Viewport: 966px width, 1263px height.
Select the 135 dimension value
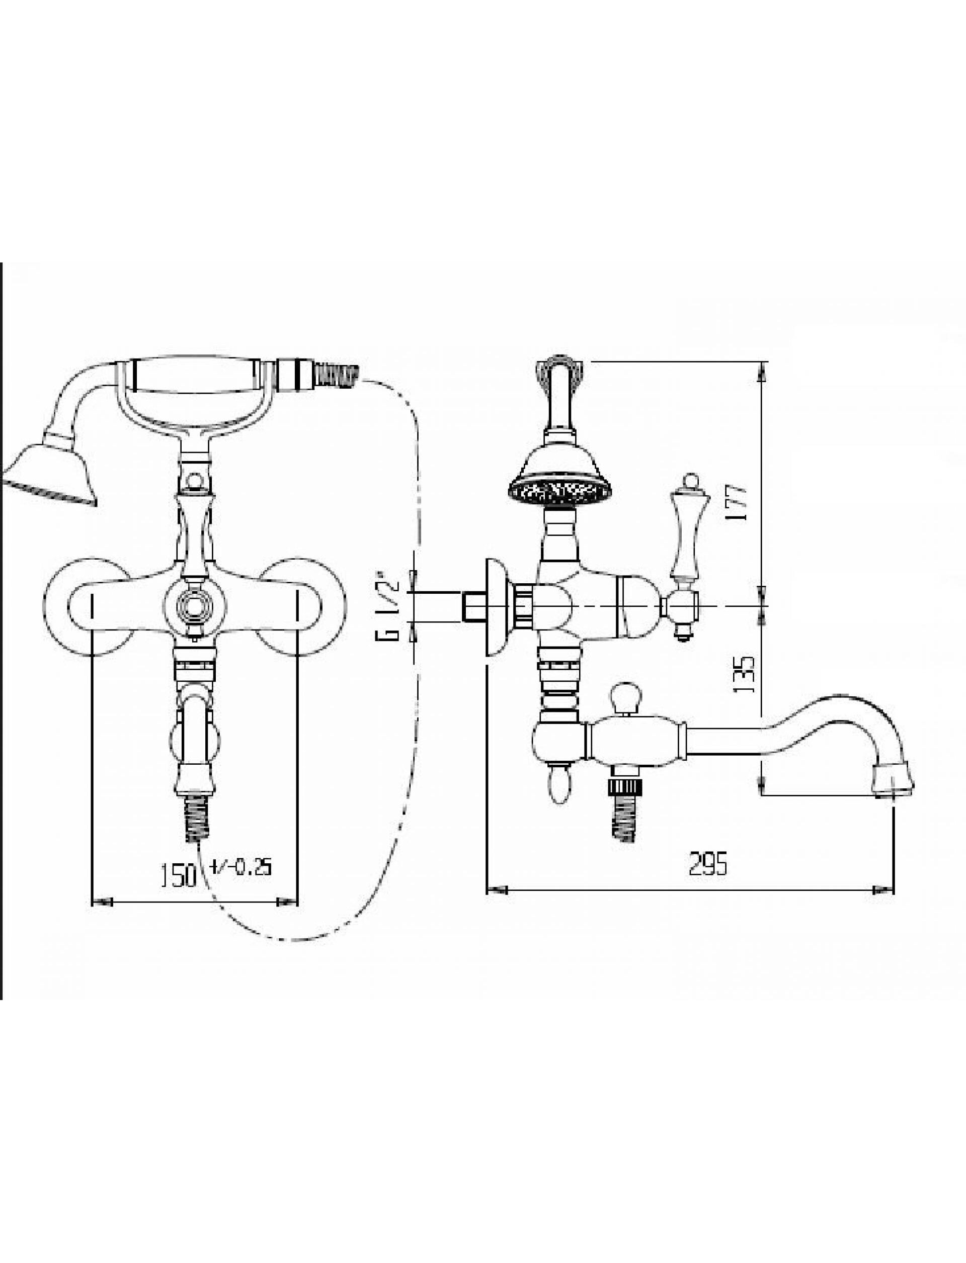pos(744,674)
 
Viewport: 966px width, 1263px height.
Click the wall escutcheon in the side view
pos(497,607)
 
